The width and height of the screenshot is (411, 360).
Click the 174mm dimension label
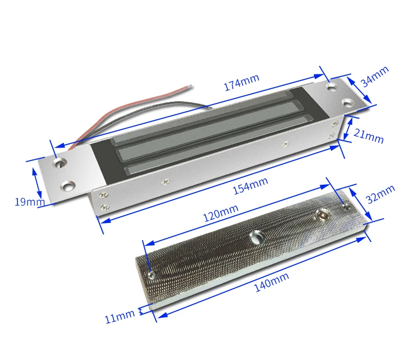(x=242, y=82)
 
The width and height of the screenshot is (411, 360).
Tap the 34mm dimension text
(x=375, y=76)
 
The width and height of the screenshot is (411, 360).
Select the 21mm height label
(x=368, y=136)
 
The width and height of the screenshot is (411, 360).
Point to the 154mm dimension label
(x=250, y=186)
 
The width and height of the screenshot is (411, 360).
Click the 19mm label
(x=30, y=202)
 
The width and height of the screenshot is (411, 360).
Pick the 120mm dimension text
(x=221, y=213)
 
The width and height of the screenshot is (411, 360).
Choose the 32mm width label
(x=380, y=194)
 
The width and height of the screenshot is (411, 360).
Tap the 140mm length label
(x=272, y=282)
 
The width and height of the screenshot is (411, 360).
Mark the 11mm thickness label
(x=119, y=317)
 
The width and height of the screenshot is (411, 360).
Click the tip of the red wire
(x=190, y=85)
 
